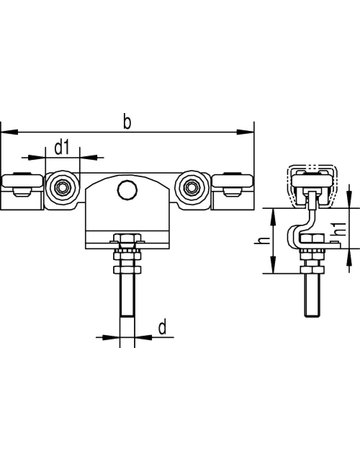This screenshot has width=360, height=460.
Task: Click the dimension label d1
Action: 62,148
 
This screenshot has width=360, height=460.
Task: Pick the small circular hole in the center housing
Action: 125,190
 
